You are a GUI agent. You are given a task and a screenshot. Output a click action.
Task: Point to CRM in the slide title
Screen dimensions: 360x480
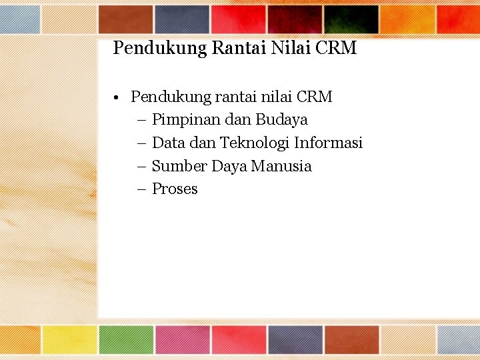tap(337, 48)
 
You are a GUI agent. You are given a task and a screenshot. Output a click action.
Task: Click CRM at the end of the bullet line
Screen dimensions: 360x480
tap(313, 97)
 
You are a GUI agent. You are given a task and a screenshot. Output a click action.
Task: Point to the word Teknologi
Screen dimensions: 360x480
tap(254, 143)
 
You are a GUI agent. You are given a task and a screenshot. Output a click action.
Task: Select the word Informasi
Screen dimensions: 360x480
tap(328, 143)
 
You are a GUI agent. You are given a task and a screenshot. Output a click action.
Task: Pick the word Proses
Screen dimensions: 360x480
tap(175, 189)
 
